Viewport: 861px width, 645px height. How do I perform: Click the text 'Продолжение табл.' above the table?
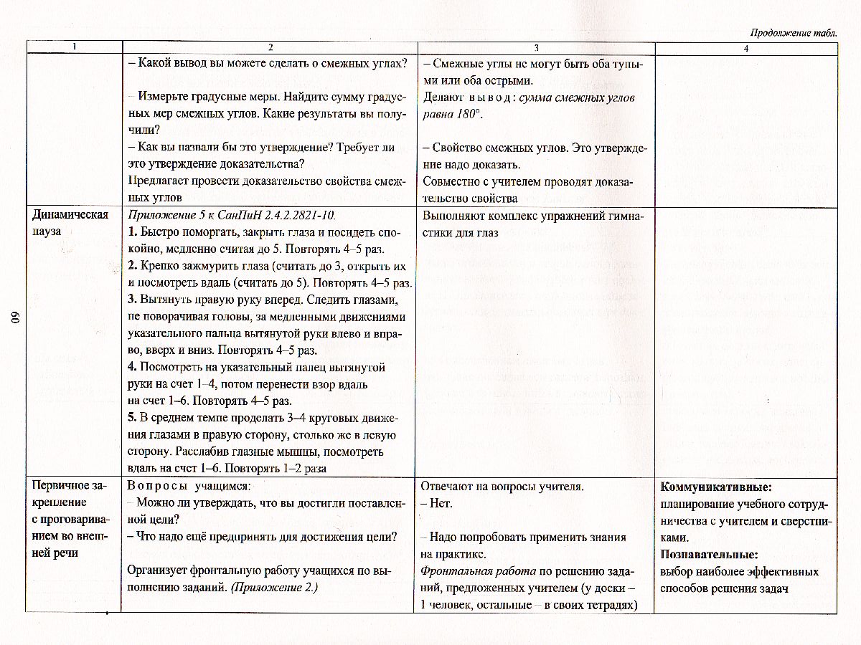tap(793, 33)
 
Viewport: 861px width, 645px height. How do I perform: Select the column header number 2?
tap(270, 48)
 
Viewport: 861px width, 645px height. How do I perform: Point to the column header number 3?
tap(535, 48)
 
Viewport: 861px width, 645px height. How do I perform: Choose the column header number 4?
tap(746, 48)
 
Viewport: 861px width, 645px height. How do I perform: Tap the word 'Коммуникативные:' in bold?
tap(715, 487)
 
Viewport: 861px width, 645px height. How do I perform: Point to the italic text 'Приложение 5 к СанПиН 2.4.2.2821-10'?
tap(232, 215)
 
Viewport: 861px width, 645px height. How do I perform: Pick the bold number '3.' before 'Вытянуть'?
tap(133, 300)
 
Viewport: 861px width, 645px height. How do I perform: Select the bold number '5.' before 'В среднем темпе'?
tap(133, 419)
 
